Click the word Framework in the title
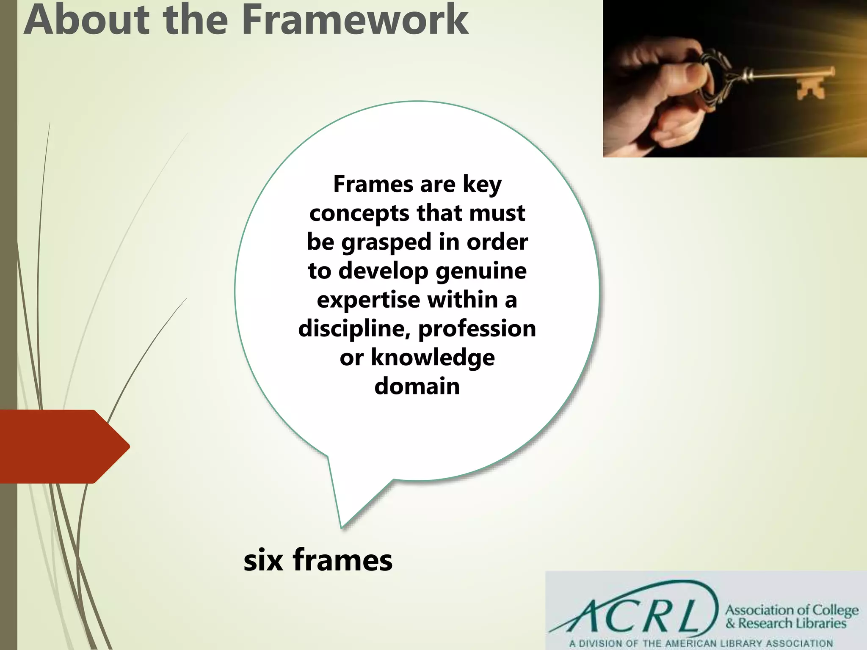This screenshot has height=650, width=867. (x=355, y=20)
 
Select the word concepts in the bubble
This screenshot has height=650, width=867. (x=359, y=213)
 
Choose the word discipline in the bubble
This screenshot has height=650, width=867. (x=354, y=329)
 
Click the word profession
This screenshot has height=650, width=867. (x=477, y=329)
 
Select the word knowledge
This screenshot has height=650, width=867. (x=433, y=358)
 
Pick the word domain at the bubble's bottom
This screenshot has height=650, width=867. (x=417, y=386)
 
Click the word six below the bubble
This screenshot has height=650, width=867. (x=263, y=560)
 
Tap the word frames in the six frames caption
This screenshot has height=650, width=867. (x=342, y=559)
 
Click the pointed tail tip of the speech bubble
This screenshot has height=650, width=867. (x=341, y=526)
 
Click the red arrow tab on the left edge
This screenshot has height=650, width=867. (x=64, y=446)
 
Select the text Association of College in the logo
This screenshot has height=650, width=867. (x=792, y=610)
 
